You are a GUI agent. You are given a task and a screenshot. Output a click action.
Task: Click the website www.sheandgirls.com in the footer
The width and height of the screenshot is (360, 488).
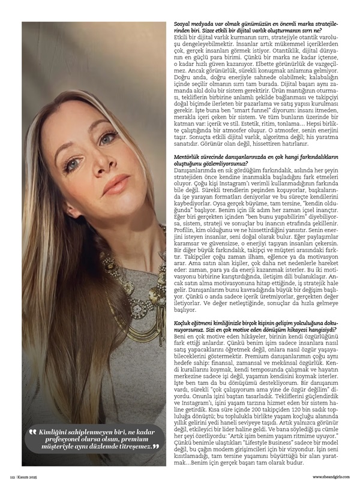click(x=329, y=477)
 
